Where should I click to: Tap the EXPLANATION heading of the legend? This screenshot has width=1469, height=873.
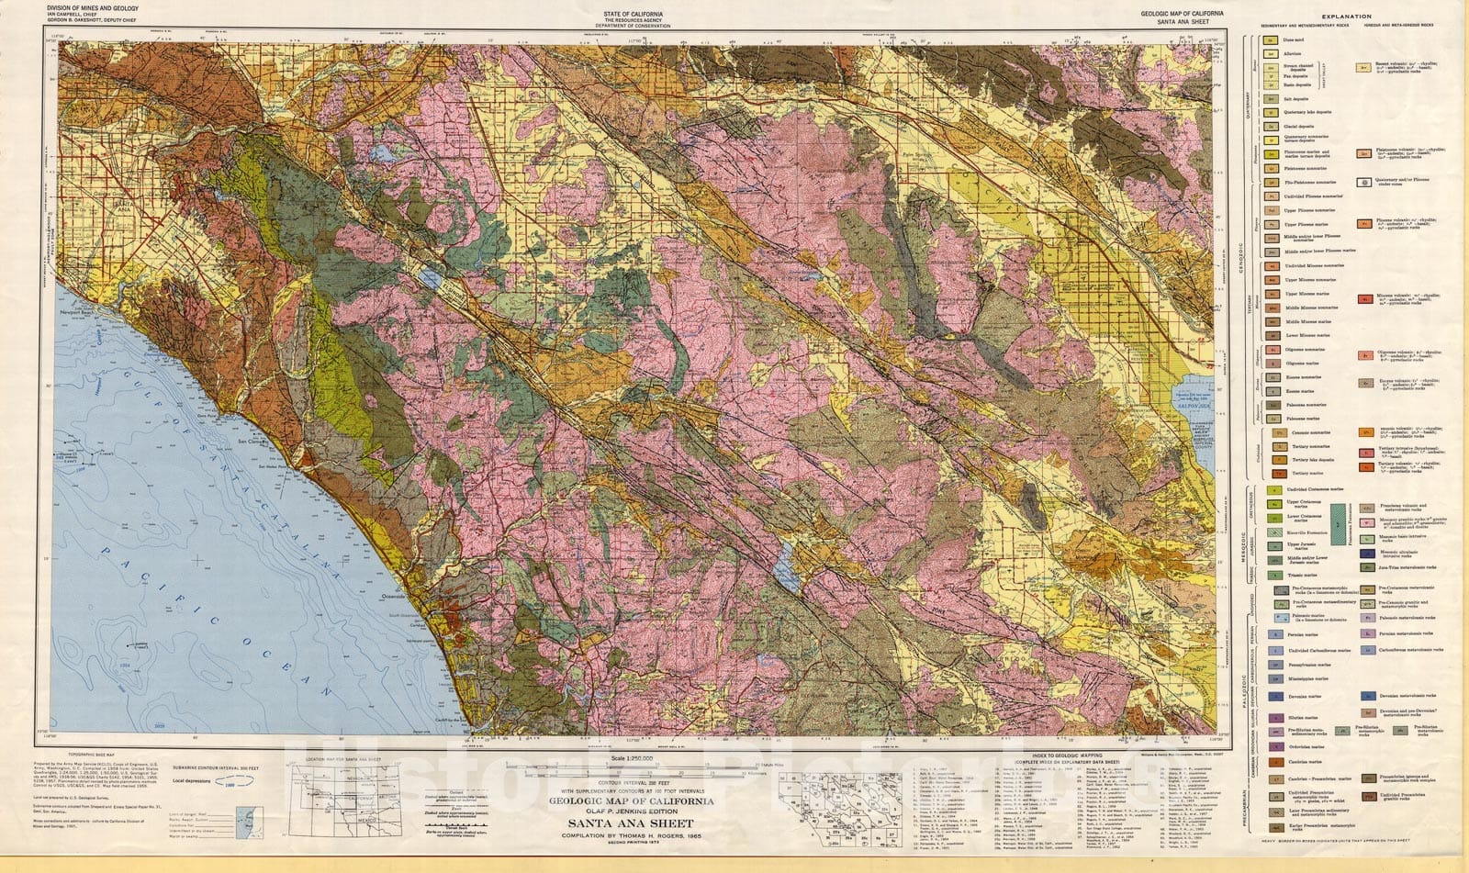1348,17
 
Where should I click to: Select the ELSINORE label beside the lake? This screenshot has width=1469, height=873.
450,289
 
